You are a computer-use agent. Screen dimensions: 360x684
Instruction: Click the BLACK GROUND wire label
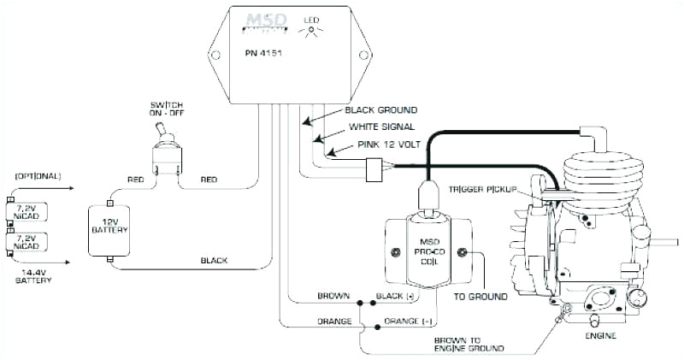(x=380, y=110)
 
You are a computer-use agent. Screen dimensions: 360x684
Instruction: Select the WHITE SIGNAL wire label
(x=377, y=127)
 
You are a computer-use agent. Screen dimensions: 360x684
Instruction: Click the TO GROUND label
(x=480, y=296)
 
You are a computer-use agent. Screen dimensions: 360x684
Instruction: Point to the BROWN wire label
(x=333, y=296)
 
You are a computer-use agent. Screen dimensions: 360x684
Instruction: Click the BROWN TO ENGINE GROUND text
(x=468, y=344)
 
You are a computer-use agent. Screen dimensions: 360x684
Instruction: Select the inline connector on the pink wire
(x=372, y=171)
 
